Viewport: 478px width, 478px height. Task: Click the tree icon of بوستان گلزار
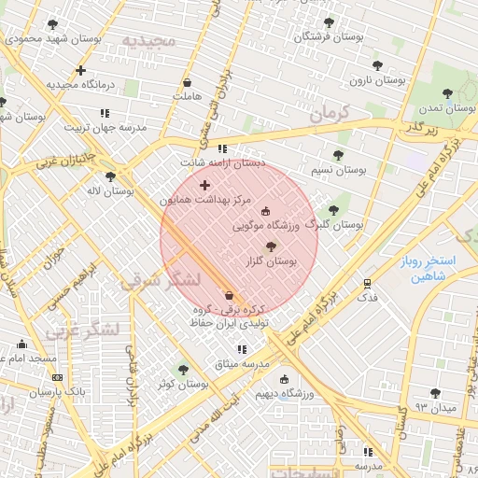271,246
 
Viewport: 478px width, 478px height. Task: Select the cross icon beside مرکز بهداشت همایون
204,185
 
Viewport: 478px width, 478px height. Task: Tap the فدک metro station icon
367,282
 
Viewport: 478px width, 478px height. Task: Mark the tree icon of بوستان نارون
377,65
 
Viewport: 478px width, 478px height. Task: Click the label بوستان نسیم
337,171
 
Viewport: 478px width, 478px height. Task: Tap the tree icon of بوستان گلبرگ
333,210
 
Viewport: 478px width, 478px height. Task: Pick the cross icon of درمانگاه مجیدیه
80,70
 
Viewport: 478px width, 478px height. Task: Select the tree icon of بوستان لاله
111,176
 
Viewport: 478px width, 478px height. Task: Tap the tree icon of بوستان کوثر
183,370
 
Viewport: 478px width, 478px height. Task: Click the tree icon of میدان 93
434,393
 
